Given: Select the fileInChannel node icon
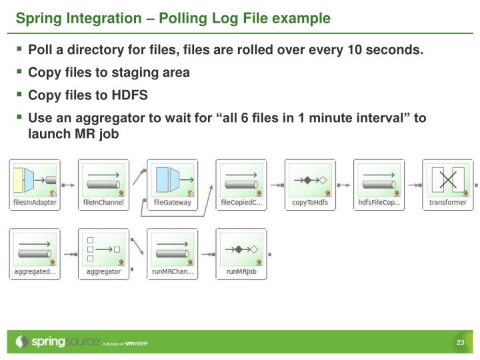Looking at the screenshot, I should point(103,179).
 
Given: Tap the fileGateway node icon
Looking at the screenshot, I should point(172,179).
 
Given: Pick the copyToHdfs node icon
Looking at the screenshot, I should point(310,179).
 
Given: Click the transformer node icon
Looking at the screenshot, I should point(447,179).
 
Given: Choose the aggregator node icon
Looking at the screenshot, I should point(103,249).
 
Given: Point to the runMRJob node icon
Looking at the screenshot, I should point(241,249).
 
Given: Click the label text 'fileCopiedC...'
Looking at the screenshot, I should point(241,203).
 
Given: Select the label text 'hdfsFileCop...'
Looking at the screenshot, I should point(379,203).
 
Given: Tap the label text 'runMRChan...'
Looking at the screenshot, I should point(172,272).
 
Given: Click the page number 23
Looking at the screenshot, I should point(460,343).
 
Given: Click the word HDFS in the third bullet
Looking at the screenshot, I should point(131,95).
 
